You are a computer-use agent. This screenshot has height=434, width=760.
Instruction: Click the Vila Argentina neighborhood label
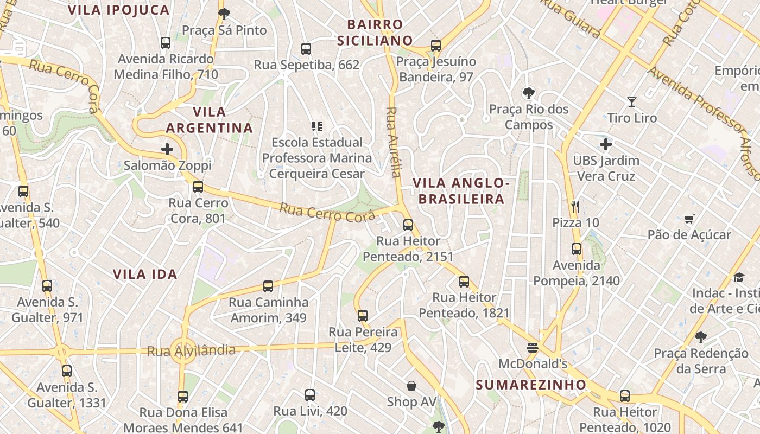[x=209, y=120]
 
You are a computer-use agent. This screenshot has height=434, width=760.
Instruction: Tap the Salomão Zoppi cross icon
[x=167, y=149]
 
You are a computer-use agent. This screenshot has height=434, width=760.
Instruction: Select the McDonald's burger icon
[x=533, y=347]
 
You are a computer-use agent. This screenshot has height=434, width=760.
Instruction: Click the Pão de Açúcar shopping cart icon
[x=689, y=219]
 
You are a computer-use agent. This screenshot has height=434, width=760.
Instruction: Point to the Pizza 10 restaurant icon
[x=575, y=206]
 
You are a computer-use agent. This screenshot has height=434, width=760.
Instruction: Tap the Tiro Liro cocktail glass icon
[x=632, y=101]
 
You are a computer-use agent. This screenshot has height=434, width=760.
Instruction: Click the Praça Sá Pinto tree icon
[x=224, y=14]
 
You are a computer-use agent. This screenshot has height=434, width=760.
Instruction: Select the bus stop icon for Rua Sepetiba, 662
[x=306, y=48]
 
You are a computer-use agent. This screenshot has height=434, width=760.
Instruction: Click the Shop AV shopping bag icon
[x=411, y=386]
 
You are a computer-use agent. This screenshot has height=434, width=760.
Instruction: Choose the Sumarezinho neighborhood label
[x=531, y=385]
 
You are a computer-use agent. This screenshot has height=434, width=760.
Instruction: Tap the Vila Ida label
[x=145, y=274]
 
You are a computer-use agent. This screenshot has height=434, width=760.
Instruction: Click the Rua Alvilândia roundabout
[x=183, y=350]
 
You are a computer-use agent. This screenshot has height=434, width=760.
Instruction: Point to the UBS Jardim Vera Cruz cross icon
[x=606, y=144]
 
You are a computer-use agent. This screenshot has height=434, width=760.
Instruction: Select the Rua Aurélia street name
[x=393, y=142]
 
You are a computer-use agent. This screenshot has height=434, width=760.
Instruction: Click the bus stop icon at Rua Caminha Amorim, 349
[x=268, y=286]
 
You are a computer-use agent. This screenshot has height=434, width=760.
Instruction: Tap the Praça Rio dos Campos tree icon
[x=528, y=93]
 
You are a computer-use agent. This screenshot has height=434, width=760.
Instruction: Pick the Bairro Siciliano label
[x=375, y=33]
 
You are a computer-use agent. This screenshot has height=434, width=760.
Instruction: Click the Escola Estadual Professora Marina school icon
[x=317, y=126]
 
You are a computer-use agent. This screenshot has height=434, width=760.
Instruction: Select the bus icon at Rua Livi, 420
[x=310, y=394]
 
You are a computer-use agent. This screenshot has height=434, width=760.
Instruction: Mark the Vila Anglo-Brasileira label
[x=461, y=191]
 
